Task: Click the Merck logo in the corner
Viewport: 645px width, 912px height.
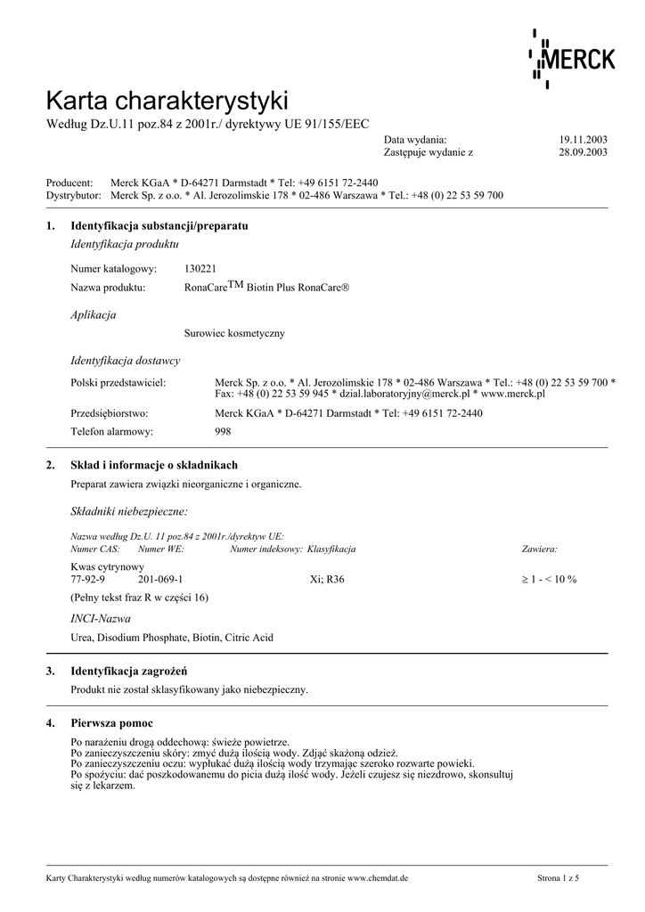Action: click(x=572, y=59)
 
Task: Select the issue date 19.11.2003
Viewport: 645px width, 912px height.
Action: click(x=583, y=140)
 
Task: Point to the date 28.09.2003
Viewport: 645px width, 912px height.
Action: click(x=583, y=152)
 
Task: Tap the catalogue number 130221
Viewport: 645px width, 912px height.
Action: click(x=200, y=268)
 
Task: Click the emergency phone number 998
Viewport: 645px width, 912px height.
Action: click(x=223, y=431)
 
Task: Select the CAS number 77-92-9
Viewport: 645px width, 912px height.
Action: click(x=87, y=579)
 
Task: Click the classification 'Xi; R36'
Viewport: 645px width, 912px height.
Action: click(x=326, y=579)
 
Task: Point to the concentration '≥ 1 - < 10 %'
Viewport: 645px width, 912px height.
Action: click(x=549, y=579)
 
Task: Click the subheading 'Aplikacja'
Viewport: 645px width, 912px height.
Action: click(x=93, y=314)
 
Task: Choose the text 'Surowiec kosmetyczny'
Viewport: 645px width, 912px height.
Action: click(x=233, y=333)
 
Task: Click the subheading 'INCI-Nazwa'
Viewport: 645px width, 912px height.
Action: click(x=100, y=617)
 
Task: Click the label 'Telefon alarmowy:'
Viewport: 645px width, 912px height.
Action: click(x=111, y=431)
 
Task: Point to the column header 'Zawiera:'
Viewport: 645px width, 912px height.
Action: click(x=539, y=549)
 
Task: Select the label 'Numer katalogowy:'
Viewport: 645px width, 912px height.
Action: click(x=113, y=268)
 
